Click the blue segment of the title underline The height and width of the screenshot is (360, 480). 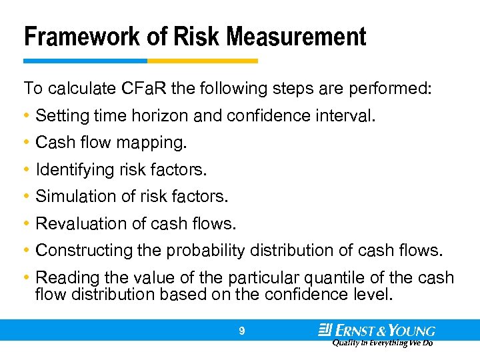point(85,61)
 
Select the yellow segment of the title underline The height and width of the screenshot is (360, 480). point(202,61)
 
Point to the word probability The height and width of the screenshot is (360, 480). point(207,251)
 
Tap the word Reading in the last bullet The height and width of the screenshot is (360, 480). point(61,277)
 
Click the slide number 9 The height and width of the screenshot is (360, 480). point(242,330)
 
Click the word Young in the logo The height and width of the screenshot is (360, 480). point(414,330)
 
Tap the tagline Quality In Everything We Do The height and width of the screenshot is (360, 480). point(382,343)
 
